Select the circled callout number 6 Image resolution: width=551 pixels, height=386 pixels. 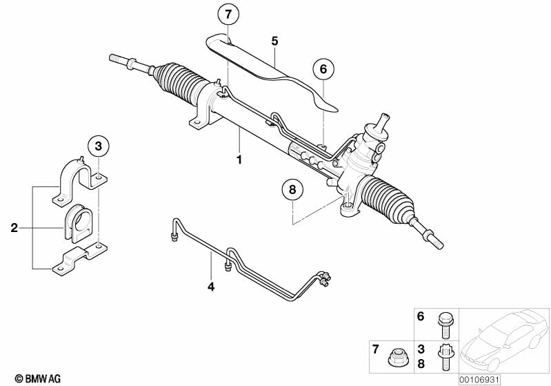pos(323,69)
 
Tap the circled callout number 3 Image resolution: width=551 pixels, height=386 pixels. pos(99,146)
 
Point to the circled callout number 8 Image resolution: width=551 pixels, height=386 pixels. pos(292,190)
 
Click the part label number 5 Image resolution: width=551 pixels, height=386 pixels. pos(274,41)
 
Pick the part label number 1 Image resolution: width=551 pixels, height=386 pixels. pos(239,159)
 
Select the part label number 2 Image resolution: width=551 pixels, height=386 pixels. pos(14,226)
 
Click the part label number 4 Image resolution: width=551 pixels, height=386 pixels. pos(212,285)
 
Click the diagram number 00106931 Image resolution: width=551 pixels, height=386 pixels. pos(480,378)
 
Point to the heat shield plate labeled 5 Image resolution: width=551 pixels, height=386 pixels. pos(269,69)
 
